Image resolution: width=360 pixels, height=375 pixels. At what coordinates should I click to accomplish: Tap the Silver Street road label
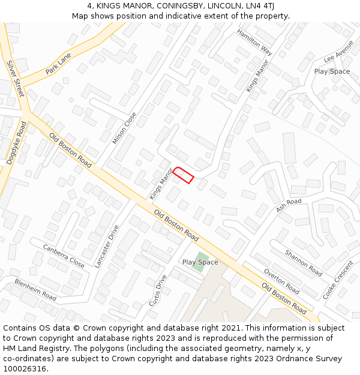point(15,79)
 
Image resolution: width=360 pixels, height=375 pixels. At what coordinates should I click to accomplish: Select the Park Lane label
point(58,63)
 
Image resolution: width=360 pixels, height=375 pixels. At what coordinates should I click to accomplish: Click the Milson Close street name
point(124,128)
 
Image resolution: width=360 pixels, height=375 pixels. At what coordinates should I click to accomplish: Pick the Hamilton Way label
point(254,42)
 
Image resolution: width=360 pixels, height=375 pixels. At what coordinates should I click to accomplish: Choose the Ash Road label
point(289,205)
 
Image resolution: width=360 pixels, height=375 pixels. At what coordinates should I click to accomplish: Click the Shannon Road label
point(304,263)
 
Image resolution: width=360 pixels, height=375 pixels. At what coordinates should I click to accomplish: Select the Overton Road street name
point(281,281)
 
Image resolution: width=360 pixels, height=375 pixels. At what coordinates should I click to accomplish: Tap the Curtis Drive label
point(158,290)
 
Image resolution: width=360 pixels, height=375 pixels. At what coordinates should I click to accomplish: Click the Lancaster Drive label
point(107,246)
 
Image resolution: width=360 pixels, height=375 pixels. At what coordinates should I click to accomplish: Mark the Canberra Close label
point(64,256)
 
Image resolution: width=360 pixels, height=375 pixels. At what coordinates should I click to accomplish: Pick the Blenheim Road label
point(35,290)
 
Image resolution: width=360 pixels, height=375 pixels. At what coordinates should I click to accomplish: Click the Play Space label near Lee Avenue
point(332,71)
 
